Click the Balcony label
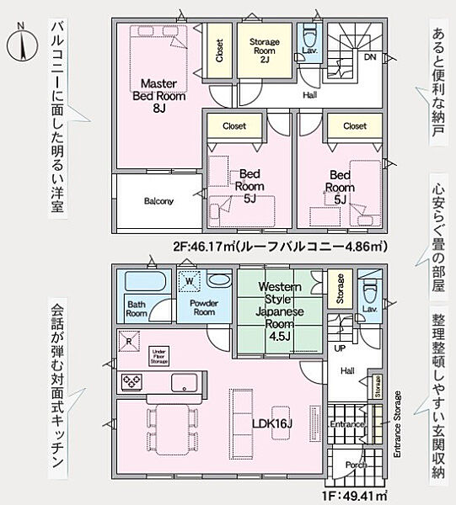tap(158, 201)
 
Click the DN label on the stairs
tap(369, 57)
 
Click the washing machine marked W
tap(190, 282)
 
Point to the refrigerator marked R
tap(129, 341)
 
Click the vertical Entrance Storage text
tap(396, 428)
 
